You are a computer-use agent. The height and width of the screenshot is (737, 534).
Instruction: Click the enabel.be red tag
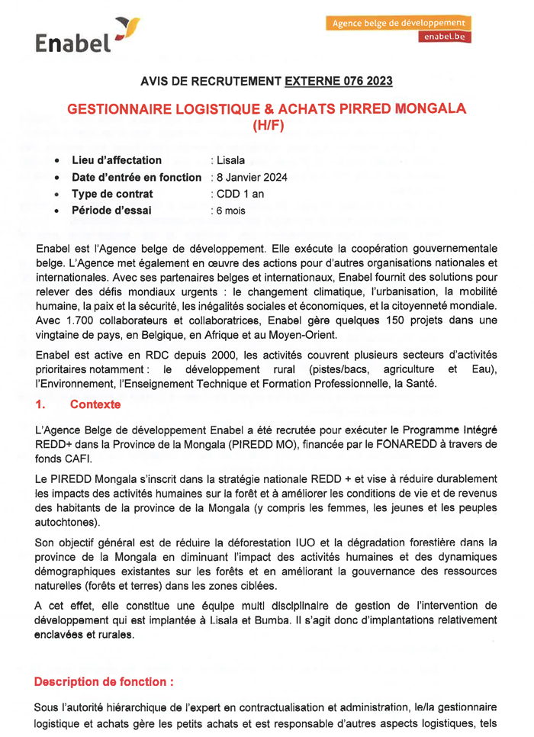(444, 37)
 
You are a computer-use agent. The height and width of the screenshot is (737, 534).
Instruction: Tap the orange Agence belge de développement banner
(398, 23)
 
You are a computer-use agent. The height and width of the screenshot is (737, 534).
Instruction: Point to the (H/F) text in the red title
(266, 126)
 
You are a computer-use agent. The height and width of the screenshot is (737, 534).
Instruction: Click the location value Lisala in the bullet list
(230, 160)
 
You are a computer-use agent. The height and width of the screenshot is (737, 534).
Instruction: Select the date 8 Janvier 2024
(252, 177)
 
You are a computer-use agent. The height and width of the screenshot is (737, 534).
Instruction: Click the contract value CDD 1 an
(240, 194)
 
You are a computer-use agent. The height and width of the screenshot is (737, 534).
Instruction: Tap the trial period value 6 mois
(231, 211)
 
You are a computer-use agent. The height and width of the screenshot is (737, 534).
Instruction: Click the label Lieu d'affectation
(116, 160)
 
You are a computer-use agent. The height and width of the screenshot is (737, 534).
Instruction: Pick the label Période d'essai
(111, 211)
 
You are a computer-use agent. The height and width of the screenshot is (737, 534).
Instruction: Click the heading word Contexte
(96, 405)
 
